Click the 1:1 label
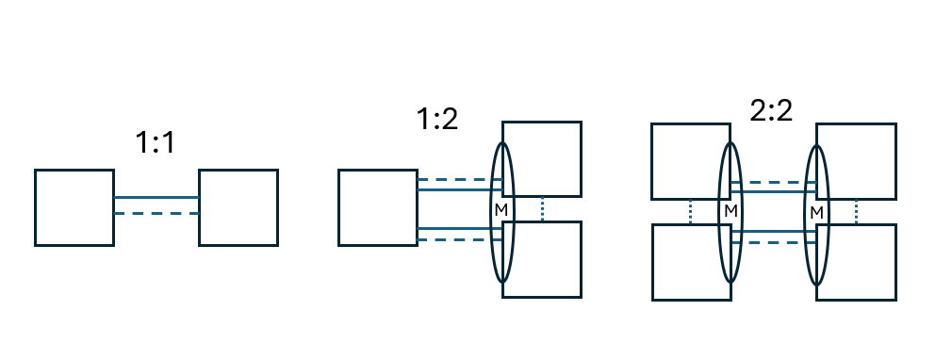tap(155, 142)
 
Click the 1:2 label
tap(437, 119)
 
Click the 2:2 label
tap(771, 110)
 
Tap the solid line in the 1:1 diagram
tap(156, 197)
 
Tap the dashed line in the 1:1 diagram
tap(156, 213)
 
